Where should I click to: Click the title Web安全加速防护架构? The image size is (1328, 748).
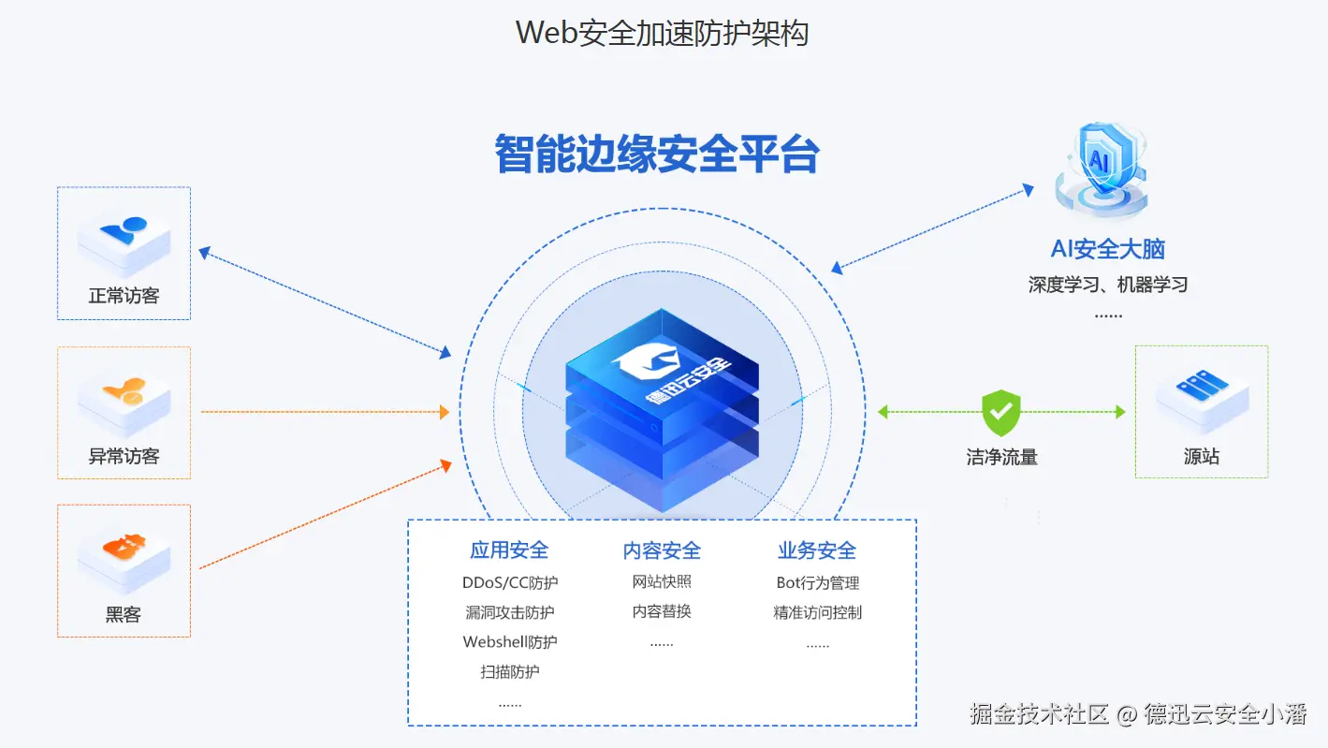(x=662, y=32)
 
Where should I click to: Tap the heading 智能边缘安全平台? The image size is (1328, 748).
(x=657, y=154)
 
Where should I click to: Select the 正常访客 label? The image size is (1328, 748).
(x=124, y=296)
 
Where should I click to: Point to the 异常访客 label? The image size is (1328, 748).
(x=124, y=456)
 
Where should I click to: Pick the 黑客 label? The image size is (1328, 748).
(x=124, y=614)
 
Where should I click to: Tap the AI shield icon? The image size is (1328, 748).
(x=1101, y=167)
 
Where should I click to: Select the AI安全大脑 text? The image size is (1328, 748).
(x=1107, y=249)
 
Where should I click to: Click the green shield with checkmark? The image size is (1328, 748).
(x=1000, y=412)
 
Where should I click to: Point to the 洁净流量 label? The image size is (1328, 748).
(x=1001, y=457)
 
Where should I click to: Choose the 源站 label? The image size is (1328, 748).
(x=1201, y=457)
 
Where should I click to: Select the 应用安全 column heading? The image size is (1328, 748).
(x=509, y=550)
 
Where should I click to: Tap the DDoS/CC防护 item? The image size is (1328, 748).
(x=510, y=582)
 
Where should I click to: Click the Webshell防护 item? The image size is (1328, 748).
(x=510, y=642)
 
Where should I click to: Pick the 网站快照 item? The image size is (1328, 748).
(x=662, y=581)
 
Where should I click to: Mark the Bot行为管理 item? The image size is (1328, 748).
(x=817, y=582)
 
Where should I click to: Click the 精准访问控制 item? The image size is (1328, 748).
(x=817, y=612)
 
